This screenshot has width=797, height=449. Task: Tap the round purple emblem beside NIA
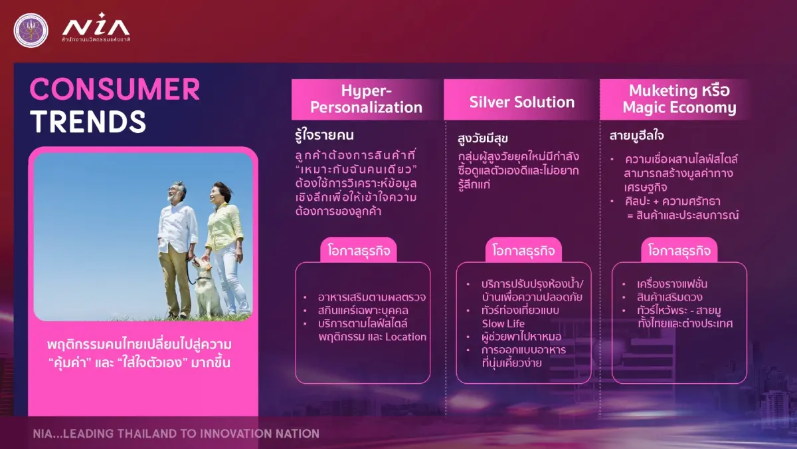click(x=31, y=30)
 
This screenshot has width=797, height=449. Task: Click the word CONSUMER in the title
click(x=114, y=90)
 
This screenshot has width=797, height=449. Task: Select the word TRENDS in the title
click(x=88, y=121)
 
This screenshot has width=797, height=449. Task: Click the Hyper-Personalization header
click(x=367, y=99)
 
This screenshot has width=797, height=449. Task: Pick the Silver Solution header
click(x=521, y=102)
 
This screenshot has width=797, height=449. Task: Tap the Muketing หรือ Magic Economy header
click(x=679, y=99)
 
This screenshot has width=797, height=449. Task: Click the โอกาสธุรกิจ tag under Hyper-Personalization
click(x=359, y=251)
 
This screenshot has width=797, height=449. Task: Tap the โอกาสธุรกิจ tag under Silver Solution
click(x=524, y=251)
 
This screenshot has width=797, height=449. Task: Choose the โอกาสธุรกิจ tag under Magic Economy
click(x=679, y=251)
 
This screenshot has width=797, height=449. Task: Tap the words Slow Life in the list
click(x=503, y=323)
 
